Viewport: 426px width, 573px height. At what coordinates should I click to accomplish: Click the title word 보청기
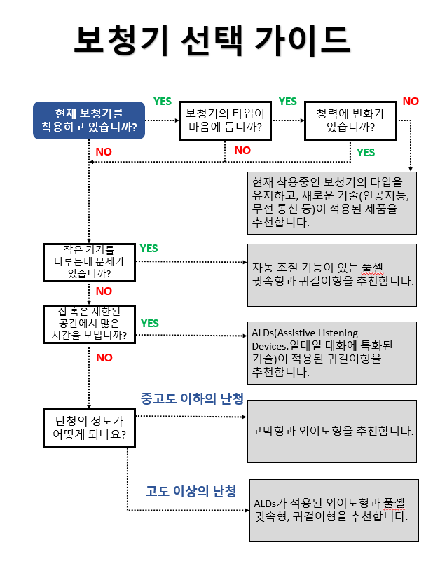pyautogui.click(x=119, y=40)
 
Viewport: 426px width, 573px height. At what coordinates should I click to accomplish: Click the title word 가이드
pyautogui.click(x=304, y=40)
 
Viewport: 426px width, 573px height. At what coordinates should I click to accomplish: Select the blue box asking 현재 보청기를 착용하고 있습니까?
pyautogui.click(x=88, y=120)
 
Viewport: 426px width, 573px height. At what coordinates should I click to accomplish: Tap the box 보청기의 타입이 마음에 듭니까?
pyautogui.click(x=225, y=120)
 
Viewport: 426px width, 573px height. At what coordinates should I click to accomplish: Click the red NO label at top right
pyautogui.click(x=411, y=101)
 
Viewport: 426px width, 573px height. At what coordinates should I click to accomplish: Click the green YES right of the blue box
pyautogui.click(x=163, y=101)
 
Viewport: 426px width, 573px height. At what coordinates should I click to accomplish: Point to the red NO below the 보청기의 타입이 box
pyautogui.click(x=242, y=150)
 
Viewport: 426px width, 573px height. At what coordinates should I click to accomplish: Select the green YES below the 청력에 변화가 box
pyautogui.click(x=366, y=152)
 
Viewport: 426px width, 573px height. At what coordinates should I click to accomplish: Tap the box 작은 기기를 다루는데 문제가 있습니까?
pyautogui.click(x=89, y=262)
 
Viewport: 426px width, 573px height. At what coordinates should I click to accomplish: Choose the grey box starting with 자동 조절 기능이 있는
pyautogui.click(x=332, y=275)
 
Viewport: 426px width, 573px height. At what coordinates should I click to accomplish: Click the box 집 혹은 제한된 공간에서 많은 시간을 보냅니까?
pyautogui.click(x=89, y=324)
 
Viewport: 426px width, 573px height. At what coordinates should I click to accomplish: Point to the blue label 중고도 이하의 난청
pyautogui.click(x=192, y=399)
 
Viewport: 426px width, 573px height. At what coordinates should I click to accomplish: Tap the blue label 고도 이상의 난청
pyautogui.click(x=191, y=490)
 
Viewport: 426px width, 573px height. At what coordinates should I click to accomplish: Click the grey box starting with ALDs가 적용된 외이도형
pyautogui.click(x=334, y=510)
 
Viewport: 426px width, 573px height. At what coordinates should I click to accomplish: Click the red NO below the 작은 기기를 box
pyautogui.click(x=104, y=291)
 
